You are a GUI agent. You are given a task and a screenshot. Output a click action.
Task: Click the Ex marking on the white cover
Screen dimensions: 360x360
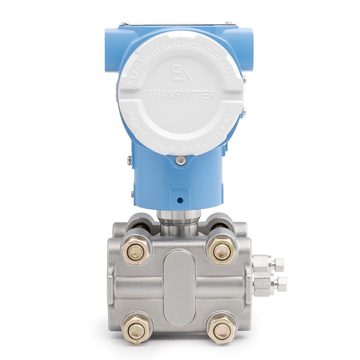[182, 73]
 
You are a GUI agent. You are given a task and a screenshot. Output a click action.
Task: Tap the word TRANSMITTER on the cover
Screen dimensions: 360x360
[181, 94]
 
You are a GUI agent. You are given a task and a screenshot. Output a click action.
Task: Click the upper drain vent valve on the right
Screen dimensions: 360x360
[267, 264]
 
